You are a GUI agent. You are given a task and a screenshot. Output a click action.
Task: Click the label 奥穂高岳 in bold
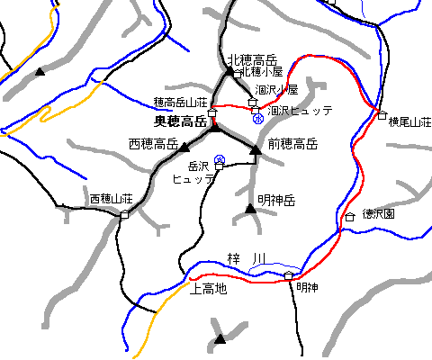tap(181, 121)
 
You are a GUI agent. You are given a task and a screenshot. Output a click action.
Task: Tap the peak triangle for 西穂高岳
tap(184, 147)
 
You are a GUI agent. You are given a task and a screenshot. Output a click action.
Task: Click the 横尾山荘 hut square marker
tap(382, 115)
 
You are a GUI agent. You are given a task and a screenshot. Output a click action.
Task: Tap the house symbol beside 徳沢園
tap(350, 217)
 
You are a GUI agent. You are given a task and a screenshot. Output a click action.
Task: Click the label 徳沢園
tap(379, 216)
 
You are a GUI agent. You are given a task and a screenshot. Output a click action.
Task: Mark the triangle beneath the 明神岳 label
tap(250, 210)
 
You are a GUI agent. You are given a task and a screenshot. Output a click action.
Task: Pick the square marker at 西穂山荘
tap(124, 214)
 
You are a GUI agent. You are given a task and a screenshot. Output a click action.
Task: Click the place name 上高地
tap(208, 289)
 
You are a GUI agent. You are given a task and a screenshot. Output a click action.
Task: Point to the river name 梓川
tap(247, 260)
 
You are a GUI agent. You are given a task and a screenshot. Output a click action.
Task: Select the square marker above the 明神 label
tap(289, 274)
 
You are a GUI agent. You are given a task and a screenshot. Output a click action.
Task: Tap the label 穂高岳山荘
tap(181, 103)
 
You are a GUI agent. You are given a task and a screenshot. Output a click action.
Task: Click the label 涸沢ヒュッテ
tap(301, 110)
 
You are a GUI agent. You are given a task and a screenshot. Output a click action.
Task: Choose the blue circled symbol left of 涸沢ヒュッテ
tap(258, 118)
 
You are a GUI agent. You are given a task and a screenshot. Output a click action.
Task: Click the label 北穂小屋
tap(262, 71)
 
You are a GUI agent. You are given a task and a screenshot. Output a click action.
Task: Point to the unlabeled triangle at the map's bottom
tap(220, 339)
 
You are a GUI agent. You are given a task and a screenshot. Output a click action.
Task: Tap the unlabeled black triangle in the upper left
tap(40, 70)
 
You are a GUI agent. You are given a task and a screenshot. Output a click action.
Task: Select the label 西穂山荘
tap(111, 198)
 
